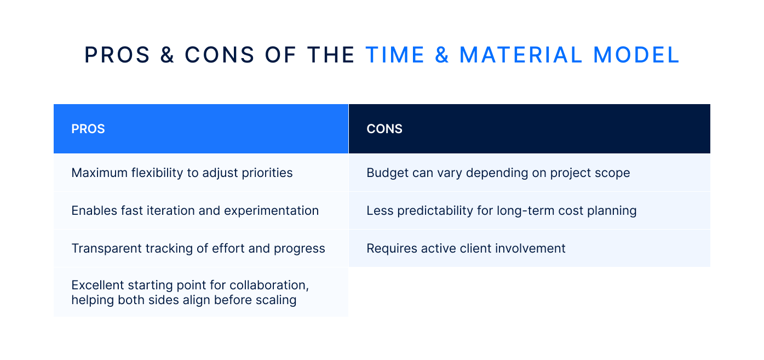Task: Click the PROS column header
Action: click(x=88, y=129)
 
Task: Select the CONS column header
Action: click(x=384, y=129)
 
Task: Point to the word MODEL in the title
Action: click(x=636, y=55)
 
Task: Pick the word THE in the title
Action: click(x=331, y=55)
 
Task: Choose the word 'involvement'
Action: click(x=531, y=248)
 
